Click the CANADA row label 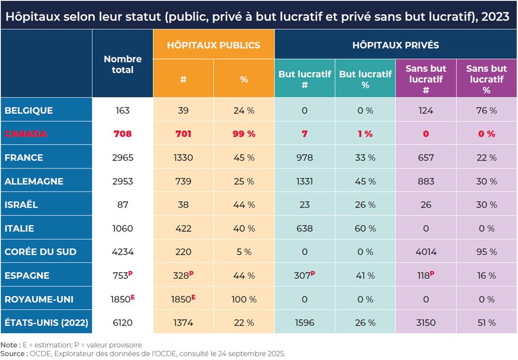(26, 134)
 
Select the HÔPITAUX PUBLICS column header (214, 45)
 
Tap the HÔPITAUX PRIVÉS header (395, 45)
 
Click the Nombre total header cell (123, 64)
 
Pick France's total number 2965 (123, 157)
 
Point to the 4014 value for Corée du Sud (426, 252)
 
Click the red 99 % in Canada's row (244, 134)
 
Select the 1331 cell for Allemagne (304, 181)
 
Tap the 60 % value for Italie (365, 229)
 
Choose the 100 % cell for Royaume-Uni (244, 299)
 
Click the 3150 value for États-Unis (426, 323)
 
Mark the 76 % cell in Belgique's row (486, 111)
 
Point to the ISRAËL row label (21, 205)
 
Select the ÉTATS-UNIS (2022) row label (46, 323)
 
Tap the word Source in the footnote (13, 353)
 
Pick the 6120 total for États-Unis (123, 323)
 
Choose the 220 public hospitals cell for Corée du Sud (183, 252)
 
